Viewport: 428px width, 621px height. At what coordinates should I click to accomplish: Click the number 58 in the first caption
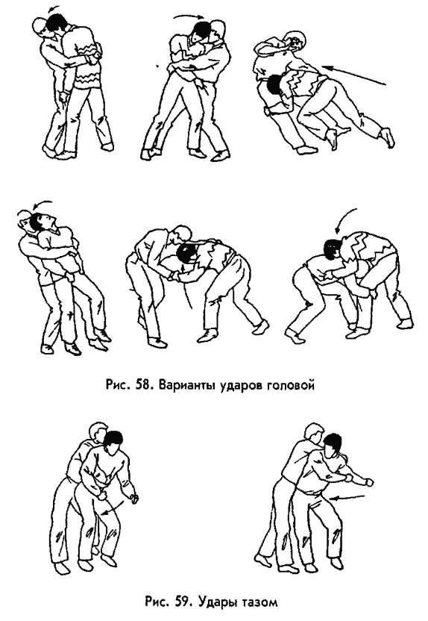[142, 385]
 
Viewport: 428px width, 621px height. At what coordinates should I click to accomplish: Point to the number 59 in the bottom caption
[179, 603]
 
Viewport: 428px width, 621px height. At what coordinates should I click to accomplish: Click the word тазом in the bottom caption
[260, 603]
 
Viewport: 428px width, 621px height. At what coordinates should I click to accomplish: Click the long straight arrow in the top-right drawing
[353, 75]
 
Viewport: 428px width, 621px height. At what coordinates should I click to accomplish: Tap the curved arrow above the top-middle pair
[189, 17]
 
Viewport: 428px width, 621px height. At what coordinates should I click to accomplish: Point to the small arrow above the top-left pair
[53, 8]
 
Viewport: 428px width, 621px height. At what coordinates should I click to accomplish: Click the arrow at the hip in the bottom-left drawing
[110, 508]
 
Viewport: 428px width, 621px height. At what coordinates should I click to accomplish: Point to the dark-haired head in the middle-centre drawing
[185, 255]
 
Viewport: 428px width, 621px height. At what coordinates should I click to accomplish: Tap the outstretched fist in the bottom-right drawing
[369, 482]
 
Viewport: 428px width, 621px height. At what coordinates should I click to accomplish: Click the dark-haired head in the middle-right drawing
[333, 249]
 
